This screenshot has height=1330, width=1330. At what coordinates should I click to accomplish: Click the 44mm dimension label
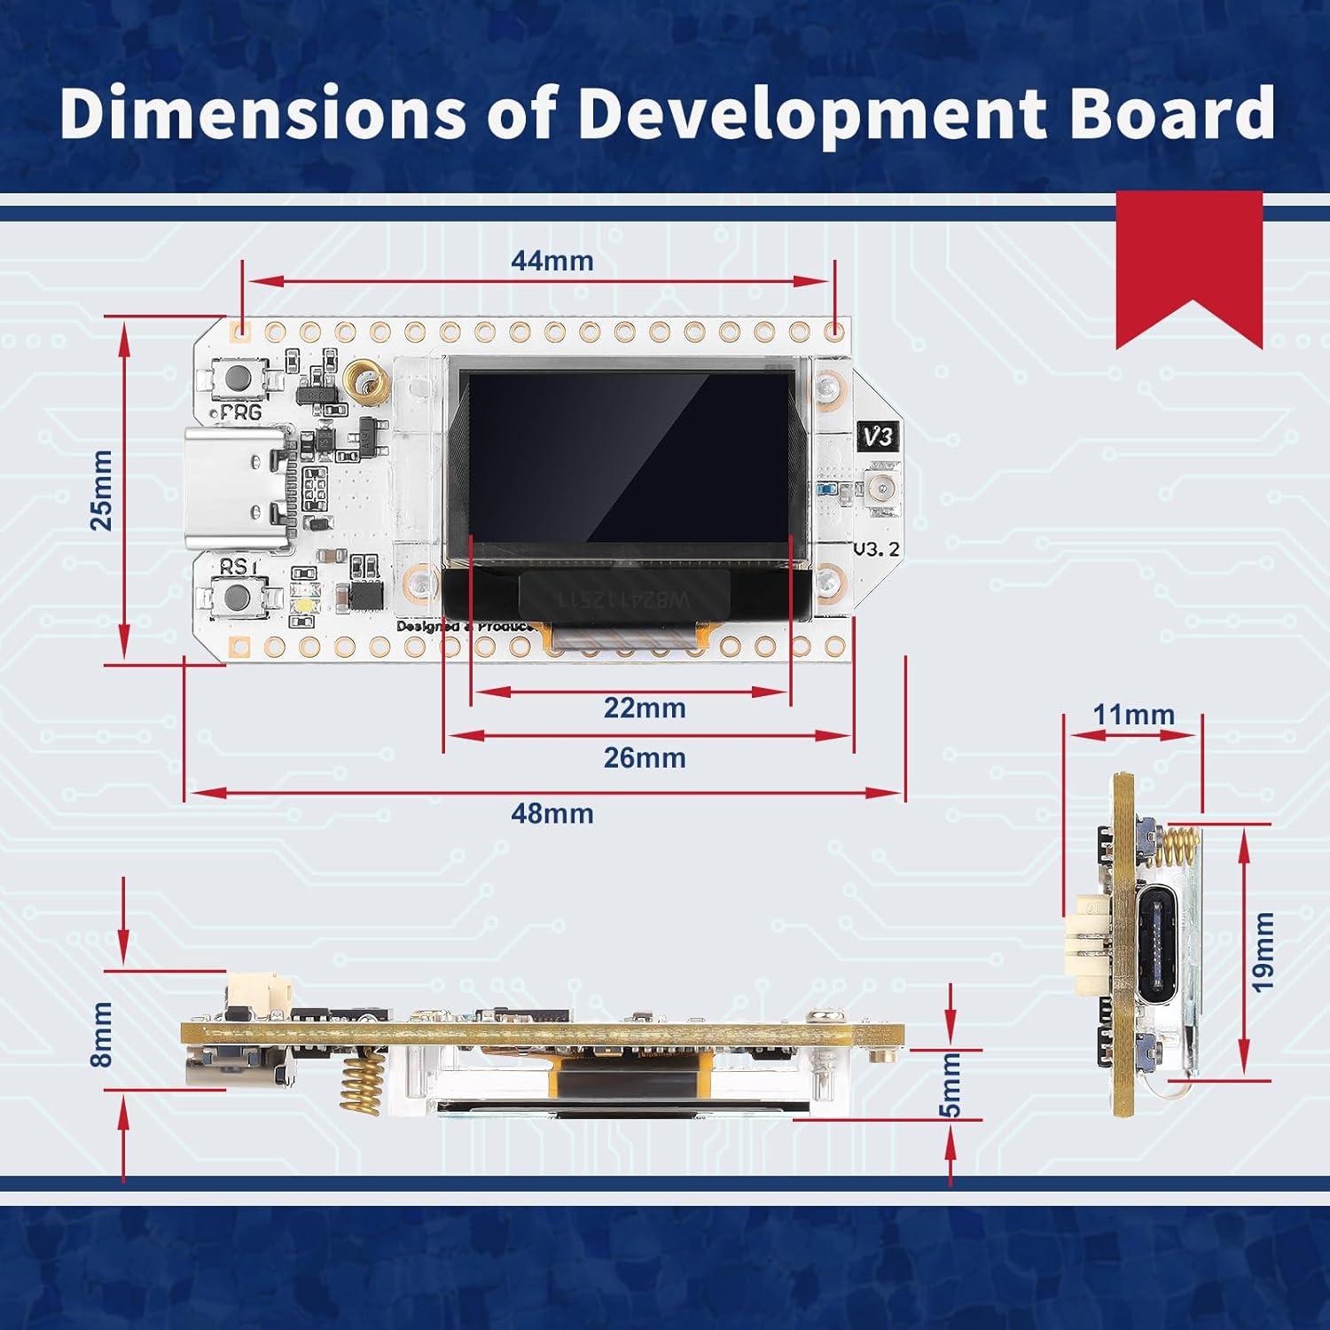(x=552, y=261)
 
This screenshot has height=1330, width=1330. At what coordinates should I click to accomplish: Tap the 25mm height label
(x=103, y=490)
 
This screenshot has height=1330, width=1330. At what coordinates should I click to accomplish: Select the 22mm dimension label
(x=645, y=708)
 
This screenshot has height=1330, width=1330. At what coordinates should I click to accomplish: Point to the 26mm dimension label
(x=645, y=758)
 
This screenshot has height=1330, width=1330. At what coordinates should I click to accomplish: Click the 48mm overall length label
(x=552, y=813)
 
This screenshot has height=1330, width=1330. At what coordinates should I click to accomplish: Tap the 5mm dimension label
(x=951, y=1098)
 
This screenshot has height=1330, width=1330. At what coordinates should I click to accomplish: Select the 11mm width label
(x=1133, y=714)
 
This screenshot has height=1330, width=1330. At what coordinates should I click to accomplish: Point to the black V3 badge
(x=879, y=436)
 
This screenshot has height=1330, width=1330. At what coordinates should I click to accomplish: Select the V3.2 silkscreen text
(x=876, y=549)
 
